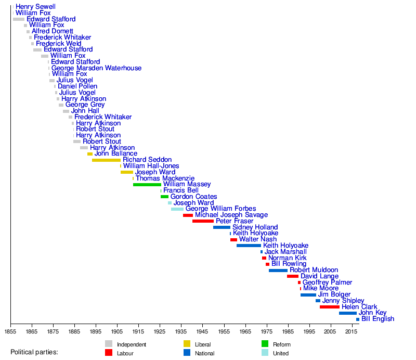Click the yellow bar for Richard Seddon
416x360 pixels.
(x=106, y=160)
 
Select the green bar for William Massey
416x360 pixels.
(x=147, y=185)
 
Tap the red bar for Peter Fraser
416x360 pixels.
(x=203, y=221)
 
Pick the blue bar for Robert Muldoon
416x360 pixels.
(x=278, y=271)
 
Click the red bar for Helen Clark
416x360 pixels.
(x=329, y=307)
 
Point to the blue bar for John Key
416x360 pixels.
(x=347, y=313)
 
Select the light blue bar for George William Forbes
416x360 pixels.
(x=177, y=209)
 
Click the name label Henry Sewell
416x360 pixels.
(x=35, y=7)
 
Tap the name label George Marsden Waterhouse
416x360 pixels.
(x=96, y=68)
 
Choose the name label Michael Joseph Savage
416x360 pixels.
(x=231, y=215)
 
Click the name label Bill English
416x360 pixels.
(x=378, y=319)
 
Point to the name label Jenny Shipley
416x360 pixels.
(x=343, y=301)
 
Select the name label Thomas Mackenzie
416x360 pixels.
(x=165, y=178)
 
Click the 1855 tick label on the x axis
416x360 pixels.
(x=10, y=331)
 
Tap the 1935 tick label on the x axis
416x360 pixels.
(x=181, y=331)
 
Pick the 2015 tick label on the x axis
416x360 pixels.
(x=352, y=331)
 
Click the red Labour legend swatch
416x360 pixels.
(x=109, y=353)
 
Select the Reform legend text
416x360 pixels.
(x=281, y=344)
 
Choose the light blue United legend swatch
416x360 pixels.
(x=265, y=353)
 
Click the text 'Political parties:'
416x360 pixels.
(x=34, y=352)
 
